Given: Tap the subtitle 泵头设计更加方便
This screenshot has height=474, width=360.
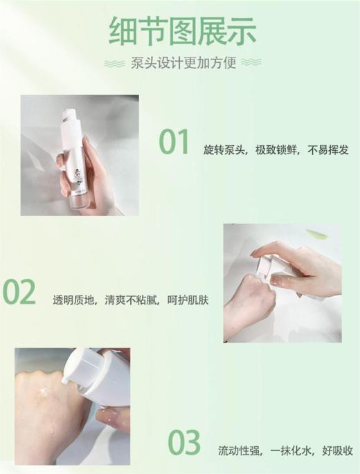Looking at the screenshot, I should pos(183,63).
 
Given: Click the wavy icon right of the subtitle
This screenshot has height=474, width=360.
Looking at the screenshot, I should pos(251,63).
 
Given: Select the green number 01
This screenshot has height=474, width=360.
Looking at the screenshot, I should pos(174,142).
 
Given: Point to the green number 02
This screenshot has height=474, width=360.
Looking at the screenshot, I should pos(19,293).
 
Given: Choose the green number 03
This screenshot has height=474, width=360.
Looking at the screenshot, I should pos(183,443).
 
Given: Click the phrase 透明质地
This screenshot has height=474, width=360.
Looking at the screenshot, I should pos(75,300).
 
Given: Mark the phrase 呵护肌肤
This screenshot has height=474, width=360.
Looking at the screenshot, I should pos(184,300).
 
